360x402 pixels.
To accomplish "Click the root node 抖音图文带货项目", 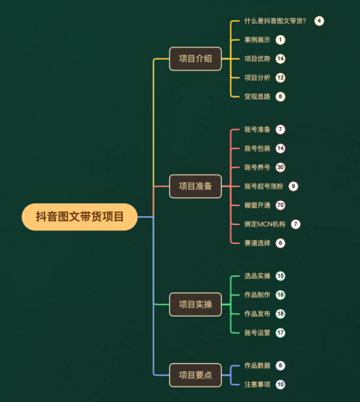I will coord(80,216).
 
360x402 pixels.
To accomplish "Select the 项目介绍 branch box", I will coord(195,58).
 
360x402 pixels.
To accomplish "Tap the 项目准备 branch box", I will coord(195,186).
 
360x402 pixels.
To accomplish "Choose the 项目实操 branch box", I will coord(195,304).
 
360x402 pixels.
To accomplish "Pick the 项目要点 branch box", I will coord(195,375).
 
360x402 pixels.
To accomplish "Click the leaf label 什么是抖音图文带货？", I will coord(275,20).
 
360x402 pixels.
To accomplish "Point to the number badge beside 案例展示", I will coord(280,39).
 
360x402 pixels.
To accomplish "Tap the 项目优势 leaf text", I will coord(257,58).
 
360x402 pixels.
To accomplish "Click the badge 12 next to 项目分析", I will coord(280,77).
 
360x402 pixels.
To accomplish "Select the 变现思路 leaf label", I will coord(257,96).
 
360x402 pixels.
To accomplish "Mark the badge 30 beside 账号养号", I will coord(280,167).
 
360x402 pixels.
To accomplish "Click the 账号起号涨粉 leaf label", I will coord(263,186).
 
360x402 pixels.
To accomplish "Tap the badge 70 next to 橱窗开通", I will coord(280,205).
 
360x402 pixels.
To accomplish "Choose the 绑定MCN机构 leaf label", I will coord(265,224).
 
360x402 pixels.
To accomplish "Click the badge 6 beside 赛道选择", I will coord(280,243).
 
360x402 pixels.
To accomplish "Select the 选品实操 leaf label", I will coord(257,276).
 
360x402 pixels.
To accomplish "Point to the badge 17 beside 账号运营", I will coord(280,333).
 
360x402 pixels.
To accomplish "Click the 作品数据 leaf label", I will coord(257,365).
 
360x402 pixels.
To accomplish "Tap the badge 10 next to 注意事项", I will coord(280,384).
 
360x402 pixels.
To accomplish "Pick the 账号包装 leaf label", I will coord(257,148).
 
